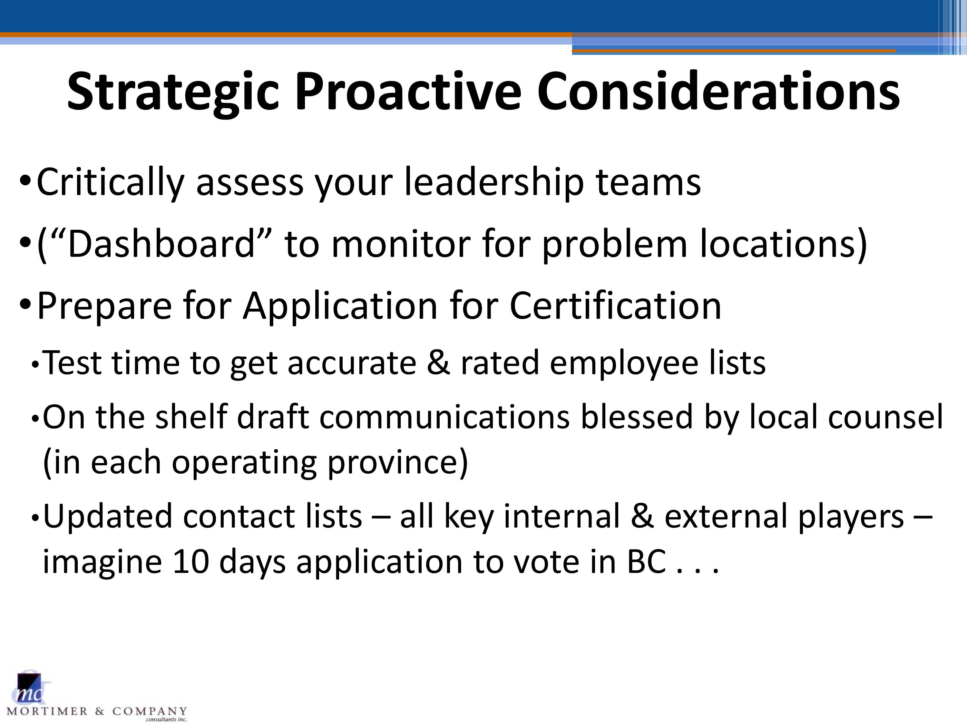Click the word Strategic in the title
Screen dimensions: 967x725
click(x=173, y=93)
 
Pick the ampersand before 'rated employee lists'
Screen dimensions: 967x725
click(x=438, y=363)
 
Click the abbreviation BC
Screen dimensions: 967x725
click(x=647, y=562)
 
